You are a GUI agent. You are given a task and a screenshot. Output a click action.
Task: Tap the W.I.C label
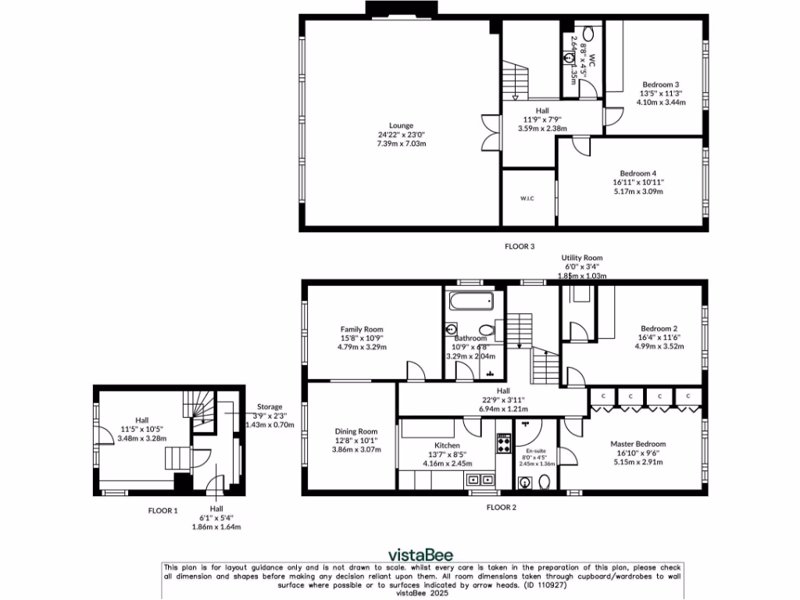click(527, 198)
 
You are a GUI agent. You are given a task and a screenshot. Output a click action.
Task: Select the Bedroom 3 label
click(661, 84)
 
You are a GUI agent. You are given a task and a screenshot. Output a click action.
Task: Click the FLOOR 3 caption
click(520, 246)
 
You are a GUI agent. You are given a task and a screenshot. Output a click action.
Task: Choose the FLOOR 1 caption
click(163, 510)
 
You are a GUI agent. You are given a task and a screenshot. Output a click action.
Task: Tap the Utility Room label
click(582, 258)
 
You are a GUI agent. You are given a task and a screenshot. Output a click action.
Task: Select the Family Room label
click(362, 329)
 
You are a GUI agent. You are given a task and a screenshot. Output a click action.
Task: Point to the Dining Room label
click(356, 431)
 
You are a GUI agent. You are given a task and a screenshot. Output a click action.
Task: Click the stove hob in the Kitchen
click(505, 444)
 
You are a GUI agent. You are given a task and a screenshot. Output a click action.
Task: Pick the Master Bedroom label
click(638, 444)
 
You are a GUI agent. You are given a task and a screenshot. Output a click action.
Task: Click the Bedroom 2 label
click(658, 329)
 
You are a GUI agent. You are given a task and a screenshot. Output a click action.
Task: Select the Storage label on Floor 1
click(270, 407)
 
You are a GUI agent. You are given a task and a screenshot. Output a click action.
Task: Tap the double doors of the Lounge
click(489, 132)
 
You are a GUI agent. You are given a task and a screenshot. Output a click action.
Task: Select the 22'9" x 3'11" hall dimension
click(503, 400)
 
